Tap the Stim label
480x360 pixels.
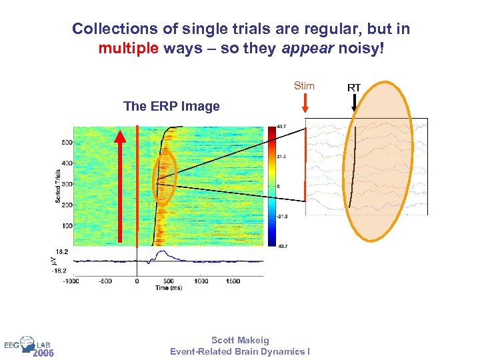[304, 86]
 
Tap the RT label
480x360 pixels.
[354, 87]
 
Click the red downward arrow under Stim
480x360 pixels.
[305, 103]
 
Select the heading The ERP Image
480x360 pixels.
[171, 106]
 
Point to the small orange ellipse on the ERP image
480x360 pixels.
[164, 177]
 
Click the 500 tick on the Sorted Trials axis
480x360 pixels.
[67, 143]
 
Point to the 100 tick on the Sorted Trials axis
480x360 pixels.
[67, 226]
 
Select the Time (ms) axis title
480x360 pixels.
[169, 287]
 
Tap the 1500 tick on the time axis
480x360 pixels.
[231, 281]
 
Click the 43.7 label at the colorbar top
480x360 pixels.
[281, 127]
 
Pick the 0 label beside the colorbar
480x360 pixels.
[279, 186]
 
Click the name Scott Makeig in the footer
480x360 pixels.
[239, 340]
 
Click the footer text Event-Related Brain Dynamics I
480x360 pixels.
[239, 351]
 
